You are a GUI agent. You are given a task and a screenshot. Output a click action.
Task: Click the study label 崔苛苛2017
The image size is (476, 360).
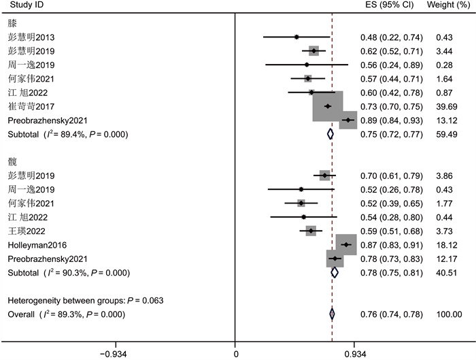click(27, 107)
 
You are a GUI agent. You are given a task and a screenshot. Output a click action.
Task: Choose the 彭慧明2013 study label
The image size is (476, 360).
click(27, 37)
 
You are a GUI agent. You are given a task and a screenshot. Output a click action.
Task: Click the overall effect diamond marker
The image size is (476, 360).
click(332, 314)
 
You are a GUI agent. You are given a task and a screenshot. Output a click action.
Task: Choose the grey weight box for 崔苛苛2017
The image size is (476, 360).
click(327, 106)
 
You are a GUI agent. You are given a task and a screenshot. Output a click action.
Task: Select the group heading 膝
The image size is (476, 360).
click(12, 22)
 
